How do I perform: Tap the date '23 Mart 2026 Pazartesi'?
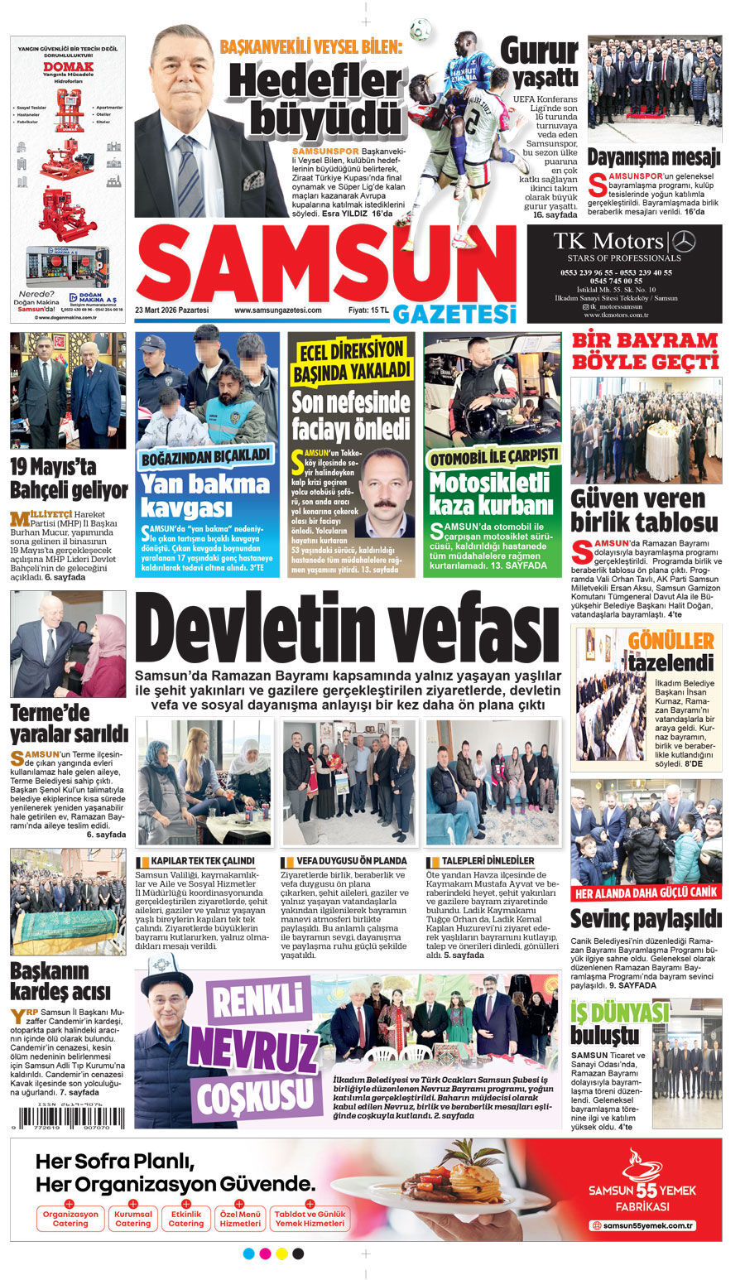click(x=172, y=310)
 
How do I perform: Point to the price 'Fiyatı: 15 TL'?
click(x=368, y=310)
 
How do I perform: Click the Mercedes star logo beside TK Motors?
click(x=684, y=242)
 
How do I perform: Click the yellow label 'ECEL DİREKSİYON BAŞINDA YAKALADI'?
click(x=351, y=359)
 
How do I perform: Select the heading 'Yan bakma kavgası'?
click(x=205, y=494)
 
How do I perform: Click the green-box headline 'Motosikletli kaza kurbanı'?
click(x=490, y=493)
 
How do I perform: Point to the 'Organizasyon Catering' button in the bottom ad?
click(x=70, y=1219)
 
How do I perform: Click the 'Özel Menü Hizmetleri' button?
click(x=240, y=1219)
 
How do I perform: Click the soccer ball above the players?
click(x=421, y=29)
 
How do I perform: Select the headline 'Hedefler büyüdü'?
click(x=315, y=100)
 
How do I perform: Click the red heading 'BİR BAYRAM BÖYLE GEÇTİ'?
click(x=645, y=351)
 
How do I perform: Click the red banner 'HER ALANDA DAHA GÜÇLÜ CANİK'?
click(x=646, y=893)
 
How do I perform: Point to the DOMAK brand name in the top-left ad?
click(x=68, y=66)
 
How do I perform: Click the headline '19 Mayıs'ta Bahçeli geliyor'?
click(x=69, y=479)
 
